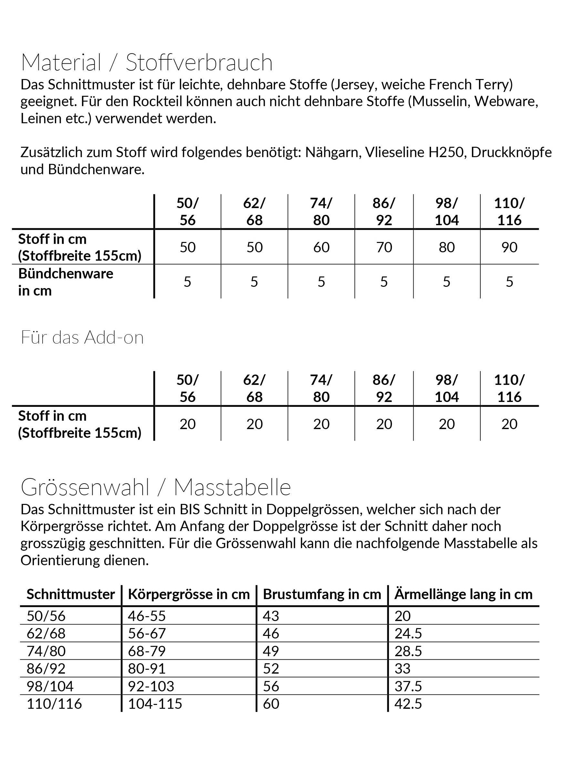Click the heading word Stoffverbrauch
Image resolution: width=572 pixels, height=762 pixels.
[x=199, y=63]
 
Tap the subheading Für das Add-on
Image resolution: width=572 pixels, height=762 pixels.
[x=82, y=337]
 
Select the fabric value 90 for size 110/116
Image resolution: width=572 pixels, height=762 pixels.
[x=509, y=247]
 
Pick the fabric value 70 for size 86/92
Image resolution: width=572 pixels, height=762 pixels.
[x=384, y=247]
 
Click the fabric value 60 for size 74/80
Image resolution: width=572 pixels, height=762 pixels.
[x=321, y=247]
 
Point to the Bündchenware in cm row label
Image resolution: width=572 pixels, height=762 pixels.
[x=66, y=282]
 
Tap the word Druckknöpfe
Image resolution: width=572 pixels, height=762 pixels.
[x=511, y=152]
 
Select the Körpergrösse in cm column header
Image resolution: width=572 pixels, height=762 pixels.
[x=189, y=594]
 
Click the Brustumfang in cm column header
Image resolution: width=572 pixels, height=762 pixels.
[x=322, y=594]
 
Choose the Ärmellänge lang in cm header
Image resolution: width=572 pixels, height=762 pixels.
[x=463, y=594]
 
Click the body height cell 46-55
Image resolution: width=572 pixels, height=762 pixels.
[x=147, y=616]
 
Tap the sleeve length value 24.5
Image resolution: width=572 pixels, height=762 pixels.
[x=408, y=634]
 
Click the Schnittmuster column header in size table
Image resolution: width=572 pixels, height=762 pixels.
[x=70, y=594]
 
